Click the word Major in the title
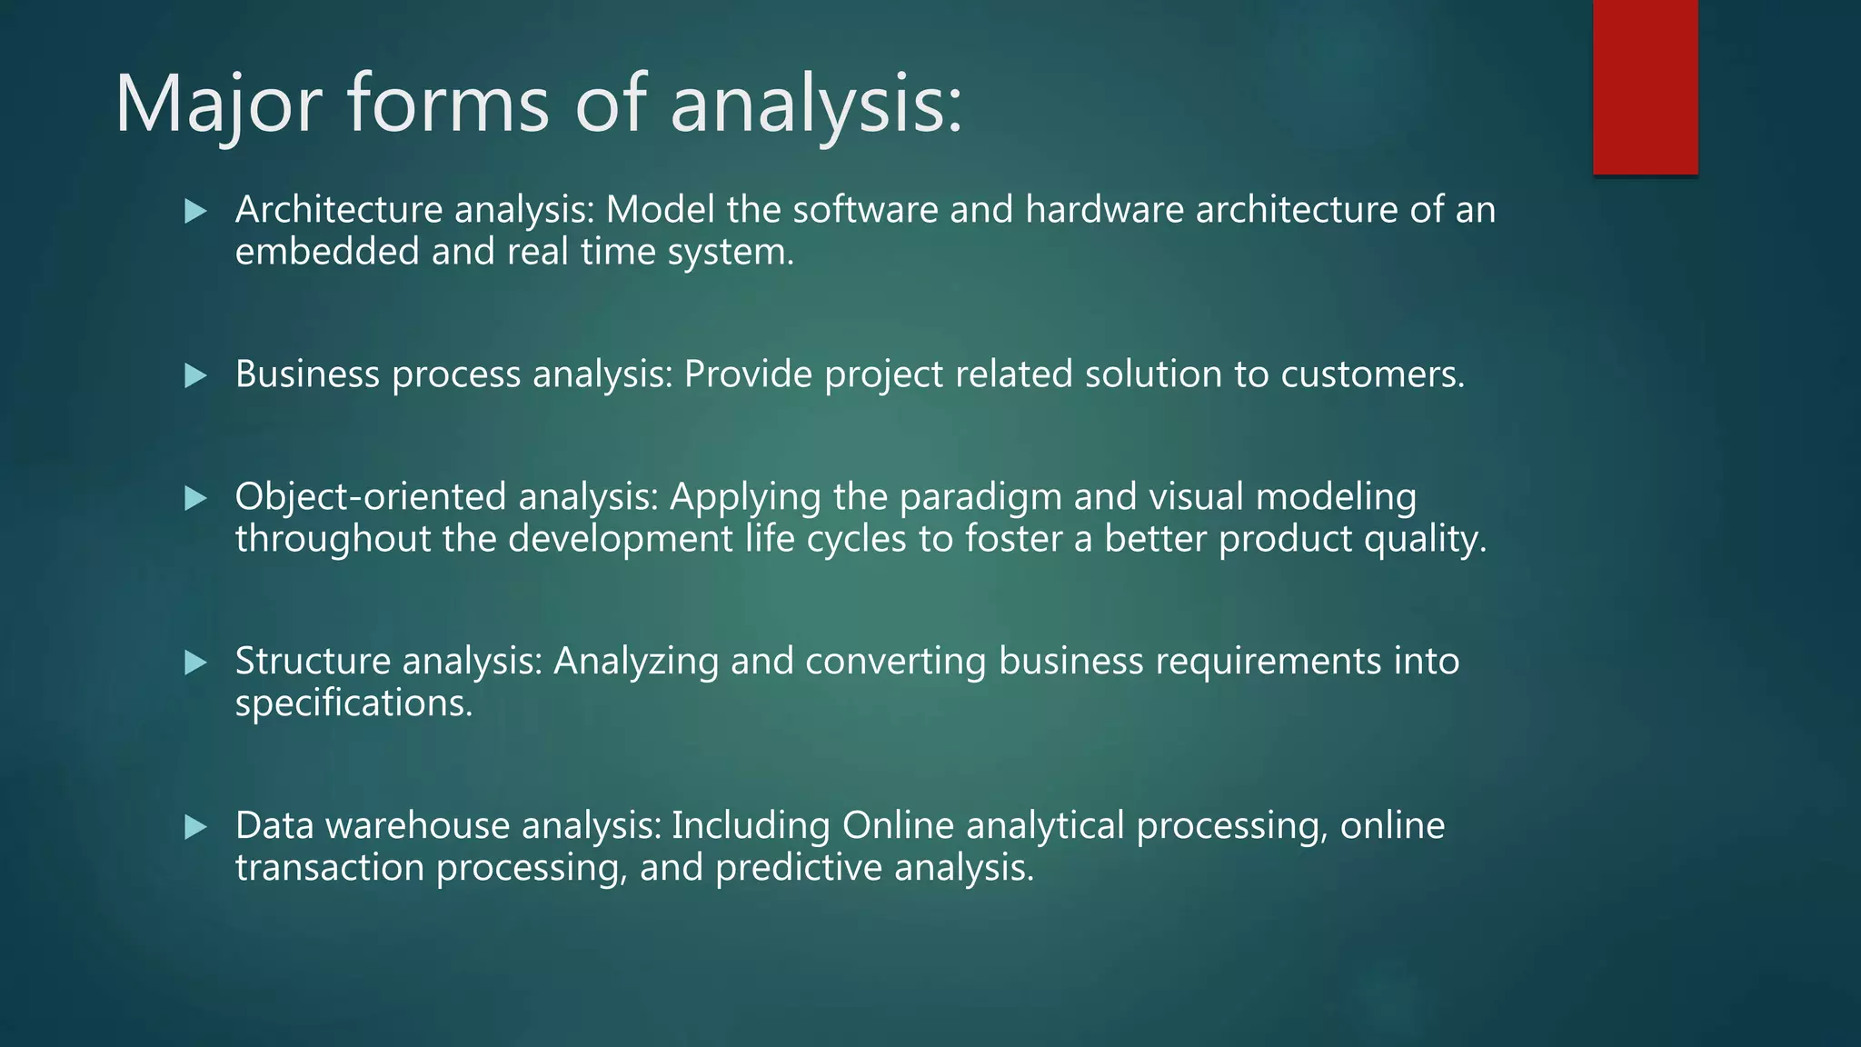pos(218,105)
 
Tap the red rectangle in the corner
pos(1645,86)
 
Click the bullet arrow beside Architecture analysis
pos(195,212)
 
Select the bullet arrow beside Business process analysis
pos(195,375)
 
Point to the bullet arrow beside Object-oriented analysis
pos(195,498)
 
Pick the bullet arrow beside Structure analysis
pos(195,662)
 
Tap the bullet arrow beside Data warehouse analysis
pos(195,826)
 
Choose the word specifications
pos(353,703)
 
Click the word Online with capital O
pos(898,825)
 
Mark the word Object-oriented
pos(370,497)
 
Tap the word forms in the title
pos(448,105)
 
